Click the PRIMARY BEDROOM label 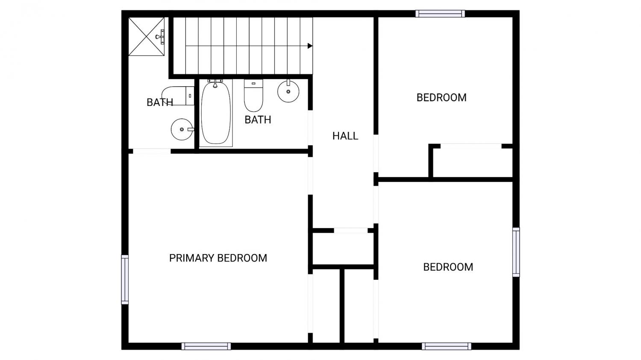click(218, 258)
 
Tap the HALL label click(345, 136)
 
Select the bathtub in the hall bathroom click(216, 113)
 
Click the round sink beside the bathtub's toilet click(288, 91)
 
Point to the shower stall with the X click(147, 37)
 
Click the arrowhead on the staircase click(310, 46)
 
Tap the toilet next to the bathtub click(253, 96)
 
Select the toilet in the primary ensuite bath click(178, 96)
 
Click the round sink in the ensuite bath click(182, 129)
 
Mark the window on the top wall click(440, 14)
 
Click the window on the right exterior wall click(516, 252)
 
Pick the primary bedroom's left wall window click(125, 280)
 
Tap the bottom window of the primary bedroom click(206, 346)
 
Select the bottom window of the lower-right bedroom click(447, 346)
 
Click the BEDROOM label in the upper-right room click(441, 98)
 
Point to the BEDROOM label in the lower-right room click(448, 267)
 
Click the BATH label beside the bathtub click(258, 120)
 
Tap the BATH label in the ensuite click(160, 102)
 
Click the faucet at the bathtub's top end click(215, 83)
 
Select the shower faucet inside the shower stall click(160, 37)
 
